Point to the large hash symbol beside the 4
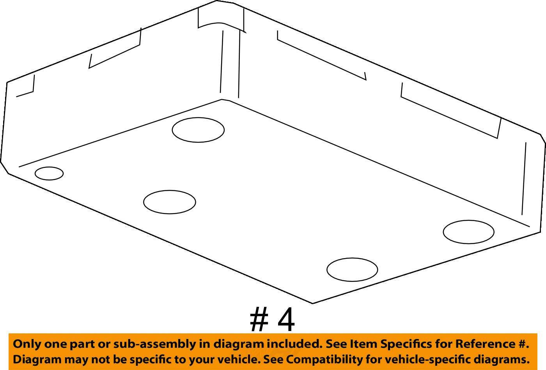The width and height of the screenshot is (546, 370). click(x=259, y=319)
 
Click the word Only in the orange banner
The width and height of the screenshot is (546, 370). click(x=24, y=344)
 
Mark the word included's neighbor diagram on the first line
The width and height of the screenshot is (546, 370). click(x=238, y=344)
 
